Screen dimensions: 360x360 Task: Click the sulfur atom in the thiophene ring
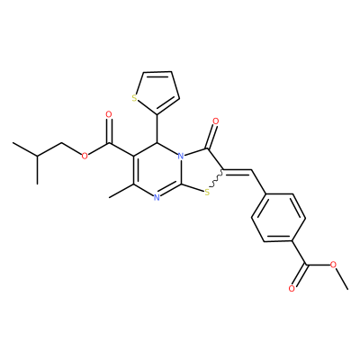[x=134, y=97]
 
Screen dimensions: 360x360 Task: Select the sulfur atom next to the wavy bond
[x=207, y=193]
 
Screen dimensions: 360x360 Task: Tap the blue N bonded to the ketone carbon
[x=180, y=156]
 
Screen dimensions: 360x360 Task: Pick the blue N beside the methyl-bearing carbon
[x=157, y=197]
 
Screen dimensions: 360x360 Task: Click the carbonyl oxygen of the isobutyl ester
[x=109, y=114]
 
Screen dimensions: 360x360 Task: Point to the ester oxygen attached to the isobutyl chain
[x=85, y=156]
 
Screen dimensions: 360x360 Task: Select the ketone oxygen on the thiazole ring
[x=215, y=121]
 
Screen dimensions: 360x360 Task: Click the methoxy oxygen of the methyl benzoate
[x=333, y=265]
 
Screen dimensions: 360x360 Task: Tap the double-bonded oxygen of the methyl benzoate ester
[x=292, y=289]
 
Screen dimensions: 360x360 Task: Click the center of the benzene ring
[x=278, y=218]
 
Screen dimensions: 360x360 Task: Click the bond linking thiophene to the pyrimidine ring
[x=157, y=129]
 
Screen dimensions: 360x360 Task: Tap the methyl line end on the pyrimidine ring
[x=109, y=198]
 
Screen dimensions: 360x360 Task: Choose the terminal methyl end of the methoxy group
[x=348, y=289]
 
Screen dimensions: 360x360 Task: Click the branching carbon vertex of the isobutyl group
[x=37, y=156]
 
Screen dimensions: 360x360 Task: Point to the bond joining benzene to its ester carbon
[x=299, y=253]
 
